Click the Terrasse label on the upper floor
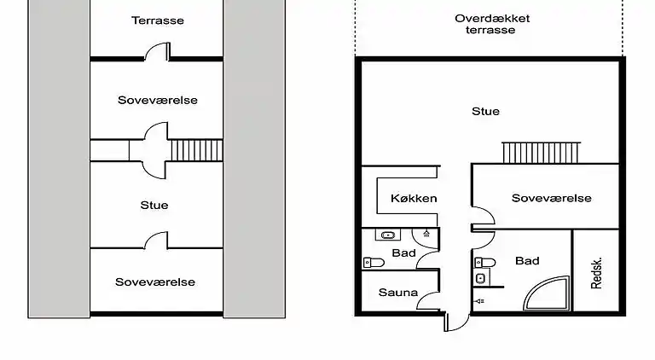(x=157, y=20)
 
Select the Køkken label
(x=413, y=199)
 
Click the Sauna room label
(x=397, y=293)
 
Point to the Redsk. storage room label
(x=597, y=273)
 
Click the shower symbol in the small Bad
(x=426, y=233)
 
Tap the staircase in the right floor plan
(x=542, y=153)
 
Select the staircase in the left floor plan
(x=196, y=150)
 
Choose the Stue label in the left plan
(x=154, y=205)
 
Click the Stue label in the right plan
(x=485, y=111)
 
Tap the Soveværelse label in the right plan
(x=551, y=198)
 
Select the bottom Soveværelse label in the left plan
(x=155, y=282)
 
